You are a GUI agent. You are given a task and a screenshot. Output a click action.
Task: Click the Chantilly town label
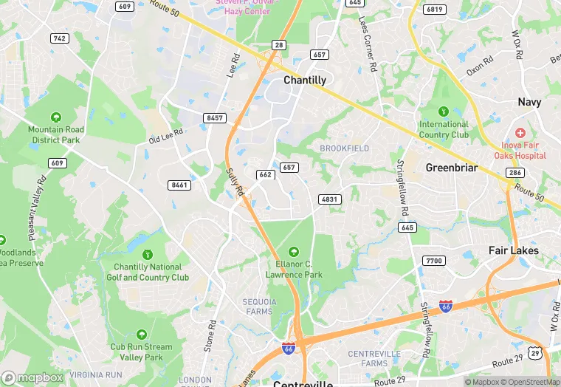305,80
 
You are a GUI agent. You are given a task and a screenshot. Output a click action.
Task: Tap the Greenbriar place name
452,168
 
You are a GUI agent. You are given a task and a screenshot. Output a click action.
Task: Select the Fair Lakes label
514,250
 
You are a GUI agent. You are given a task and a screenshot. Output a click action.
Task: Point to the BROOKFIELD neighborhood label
344,148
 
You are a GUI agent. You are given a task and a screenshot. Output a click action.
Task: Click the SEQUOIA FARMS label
258,306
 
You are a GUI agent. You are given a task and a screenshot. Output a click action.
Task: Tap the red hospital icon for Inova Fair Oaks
520,132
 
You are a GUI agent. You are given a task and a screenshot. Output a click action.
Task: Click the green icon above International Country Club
444,111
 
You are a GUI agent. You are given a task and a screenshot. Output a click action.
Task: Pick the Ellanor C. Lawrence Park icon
294,252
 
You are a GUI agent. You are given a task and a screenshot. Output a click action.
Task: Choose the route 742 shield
60,38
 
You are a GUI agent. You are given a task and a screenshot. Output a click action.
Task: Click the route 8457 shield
215,118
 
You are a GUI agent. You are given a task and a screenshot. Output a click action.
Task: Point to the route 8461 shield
179,185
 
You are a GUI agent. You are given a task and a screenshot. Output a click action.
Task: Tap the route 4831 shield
330,199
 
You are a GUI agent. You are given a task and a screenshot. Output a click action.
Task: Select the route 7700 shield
433,261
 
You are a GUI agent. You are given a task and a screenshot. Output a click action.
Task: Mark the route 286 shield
515,172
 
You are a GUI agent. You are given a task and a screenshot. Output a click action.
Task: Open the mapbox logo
32,377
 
